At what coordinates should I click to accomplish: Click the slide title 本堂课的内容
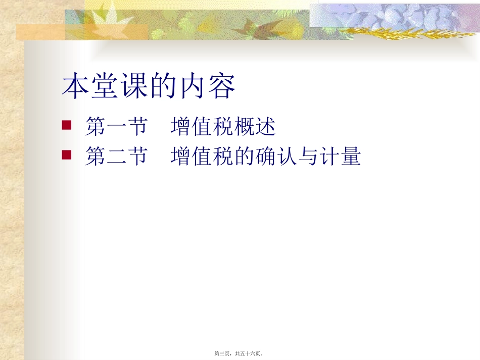149,87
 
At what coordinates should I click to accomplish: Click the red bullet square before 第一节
66,125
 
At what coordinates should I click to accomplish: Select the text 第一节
116,127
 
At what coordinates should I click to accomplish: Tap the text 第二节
116,157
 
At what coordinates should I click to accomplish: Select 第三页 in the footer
223,354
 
